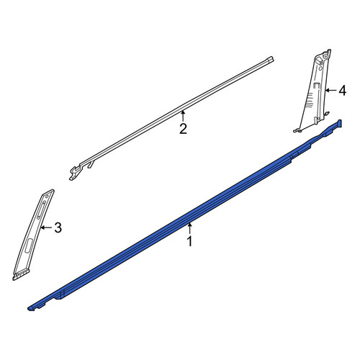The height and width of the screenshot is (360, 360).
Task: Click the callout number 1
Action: click(x=189, y=241)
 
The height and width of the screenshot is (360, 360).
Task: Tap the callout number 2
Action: click(x=183, y=129)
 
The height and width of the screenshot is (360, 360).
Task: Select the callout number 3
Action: click(x=58, y=228)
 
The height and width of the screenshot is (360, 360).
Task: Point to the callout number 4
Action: click(x=343, y=91)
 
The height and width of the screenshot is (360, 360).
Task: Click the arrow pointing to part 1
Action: click(x=190, y=228)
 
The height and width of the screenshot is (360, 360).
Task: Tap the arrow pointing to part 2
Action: click(x=183, y=116)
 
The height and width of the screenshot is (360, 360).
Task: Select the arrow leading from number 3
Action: click(x=47, y=228)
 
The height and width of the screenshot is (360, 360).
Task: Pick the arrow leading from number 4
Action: click(x=331, y=91)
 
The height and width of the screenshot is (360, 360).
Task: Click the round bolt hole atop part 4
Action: click(x=325, y=56)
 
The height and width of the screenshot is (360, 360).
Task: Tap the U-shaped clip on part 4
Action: click(x=317, y=86)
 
